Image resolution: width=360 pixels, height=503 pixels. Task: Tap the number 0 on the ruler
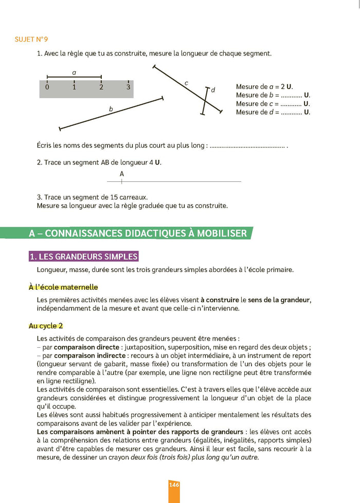click(47, 87)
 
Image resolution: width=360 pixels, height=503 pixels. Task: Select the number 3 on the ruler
click(128, 87)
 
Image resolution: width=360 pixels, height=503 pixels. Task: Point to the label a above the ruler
click(74, 73)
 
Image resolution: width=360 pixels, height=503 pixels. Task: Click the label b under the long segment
click(111, 109)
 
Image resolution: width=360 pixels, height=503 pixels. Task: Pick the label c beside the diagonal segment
click(186, 83)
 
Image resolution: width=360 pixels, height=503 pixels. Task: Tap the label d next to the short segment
click(213, 90)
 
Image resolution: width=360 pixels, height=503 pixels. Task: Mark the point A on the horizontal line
click(122, 181)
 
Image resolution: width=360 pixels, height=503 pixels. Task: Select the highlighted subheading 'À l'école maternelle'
click(63, 287)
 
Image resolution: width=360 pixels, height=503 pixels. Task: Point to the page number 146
click(174, 485)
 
